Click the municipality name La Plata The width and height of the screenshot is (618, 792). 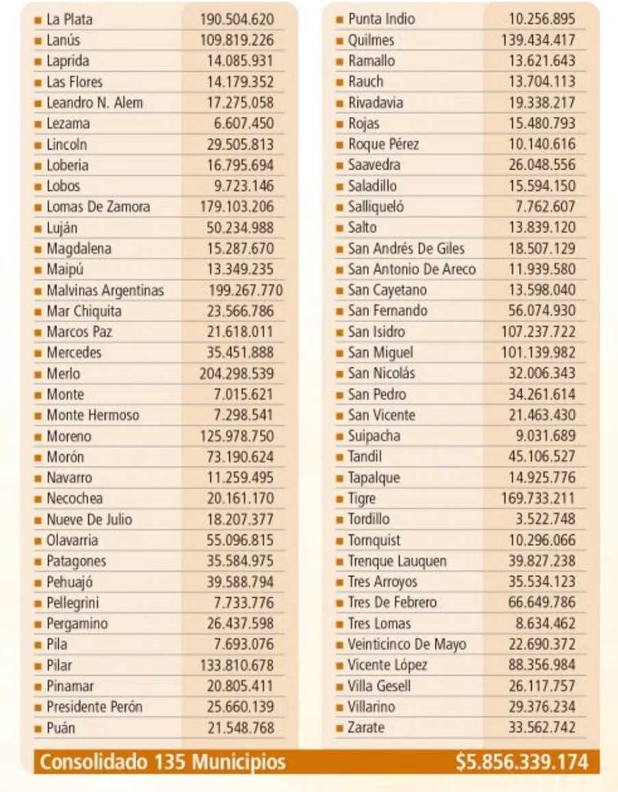point(69,19)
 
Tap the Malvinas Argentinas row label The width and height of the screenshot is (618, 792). point(105,291)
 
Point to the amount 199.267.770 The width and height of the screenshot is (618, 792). point(245,291)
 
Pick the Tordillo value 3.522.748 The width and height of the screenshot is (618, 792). point(545,519)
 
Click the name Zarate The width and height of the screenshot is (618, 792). point(366,728)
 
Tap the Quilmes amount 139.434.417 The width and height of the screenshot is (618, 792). point(538,40)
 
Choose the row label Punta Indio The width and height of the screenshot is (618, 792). point(381,19)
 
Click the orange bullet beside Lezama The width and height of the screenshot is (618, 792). point(38,124)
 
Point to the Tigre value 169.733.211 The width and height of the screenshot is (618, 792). point(538,499)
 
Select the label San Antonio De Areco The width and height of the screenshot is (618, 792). point(411,269)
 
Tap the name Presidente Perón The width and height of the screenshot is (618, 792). point(94,707)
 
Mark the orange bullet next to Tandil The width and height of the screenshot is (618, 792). point(339,457)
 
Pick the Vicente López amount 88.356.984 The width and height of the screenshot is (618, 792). point(541,665)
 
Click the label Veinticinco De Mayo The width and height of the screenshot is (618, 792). point(407,644)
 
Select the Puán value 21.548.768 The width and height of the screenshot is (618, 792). point(240,728)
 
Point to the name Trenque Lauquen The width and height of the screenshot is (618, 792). point(397,562)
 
